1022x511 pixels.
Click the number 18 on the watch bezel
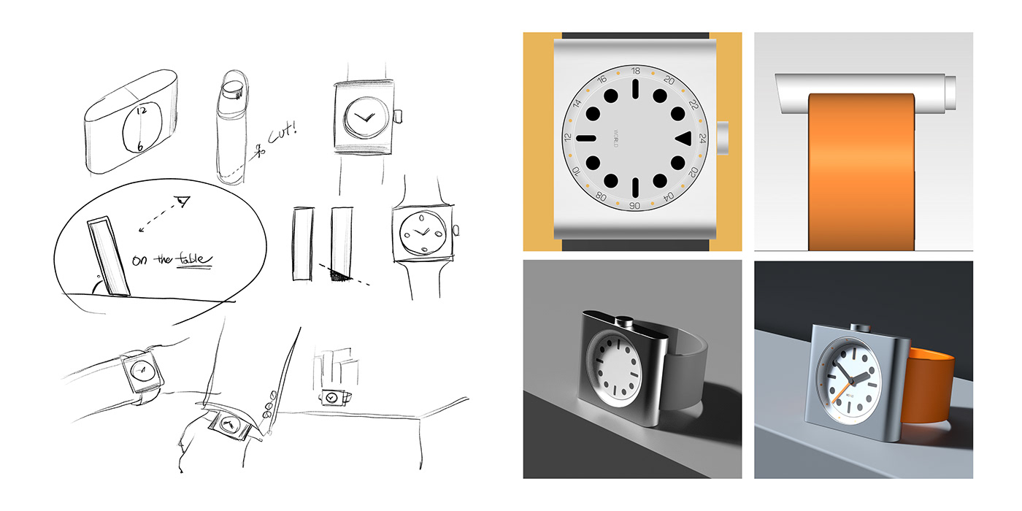pyautogui.click(x=635, y=71)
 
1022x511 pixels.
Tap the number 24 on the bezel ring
pyautogui.click(x=702, y=138)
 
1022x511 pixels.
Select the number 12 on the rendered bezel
pyautogui.click(x=568, y=138)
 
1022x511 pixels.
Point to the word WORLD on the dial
pyautogui.click(x=615, y=139)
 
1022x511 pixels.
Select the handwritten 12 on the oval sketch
pyautogui.click(x=141, y=110)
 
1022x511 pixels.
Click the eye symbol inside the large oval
pyautogui.click(x=183, y=200)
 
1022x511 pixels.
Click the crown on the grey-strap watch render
pyautogui.click(x=623, y=319)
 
